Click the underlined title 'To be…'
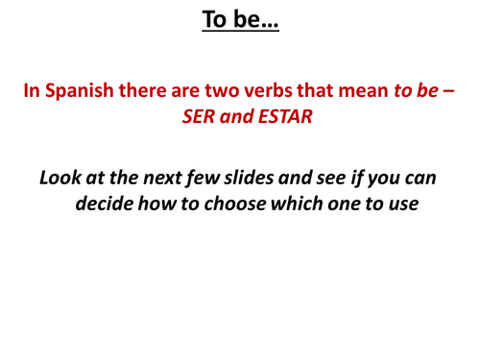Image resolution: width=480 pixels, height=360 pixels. pyautogui.click(x=240, y=18)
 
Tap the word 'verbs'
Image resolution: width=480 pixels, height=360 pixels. pyautogui.click(x=279, y=92)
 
